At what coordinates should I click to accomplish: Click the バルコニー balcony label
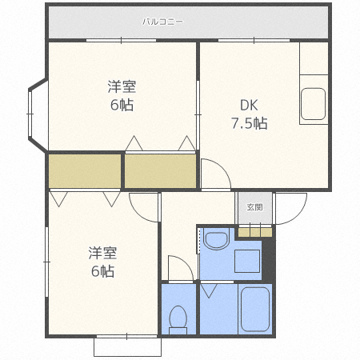(163, 22)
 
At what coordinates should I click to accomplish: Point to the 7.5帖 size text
(249, 124)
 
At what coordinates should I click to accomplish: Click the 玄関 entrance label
(254, 207)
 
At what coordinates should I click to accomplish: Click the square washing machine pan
(246, 263)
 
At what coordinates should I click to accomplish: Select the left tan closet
(84, 170)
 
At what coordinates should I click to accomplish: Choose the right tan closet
(160, 170)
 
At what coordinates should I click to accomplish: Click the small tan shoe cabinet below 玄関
(254, 231)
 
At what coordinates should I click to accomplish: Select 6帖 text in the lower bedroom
(102, 271)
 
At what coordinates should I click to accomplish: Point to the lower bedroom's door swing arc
(144, 208)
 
